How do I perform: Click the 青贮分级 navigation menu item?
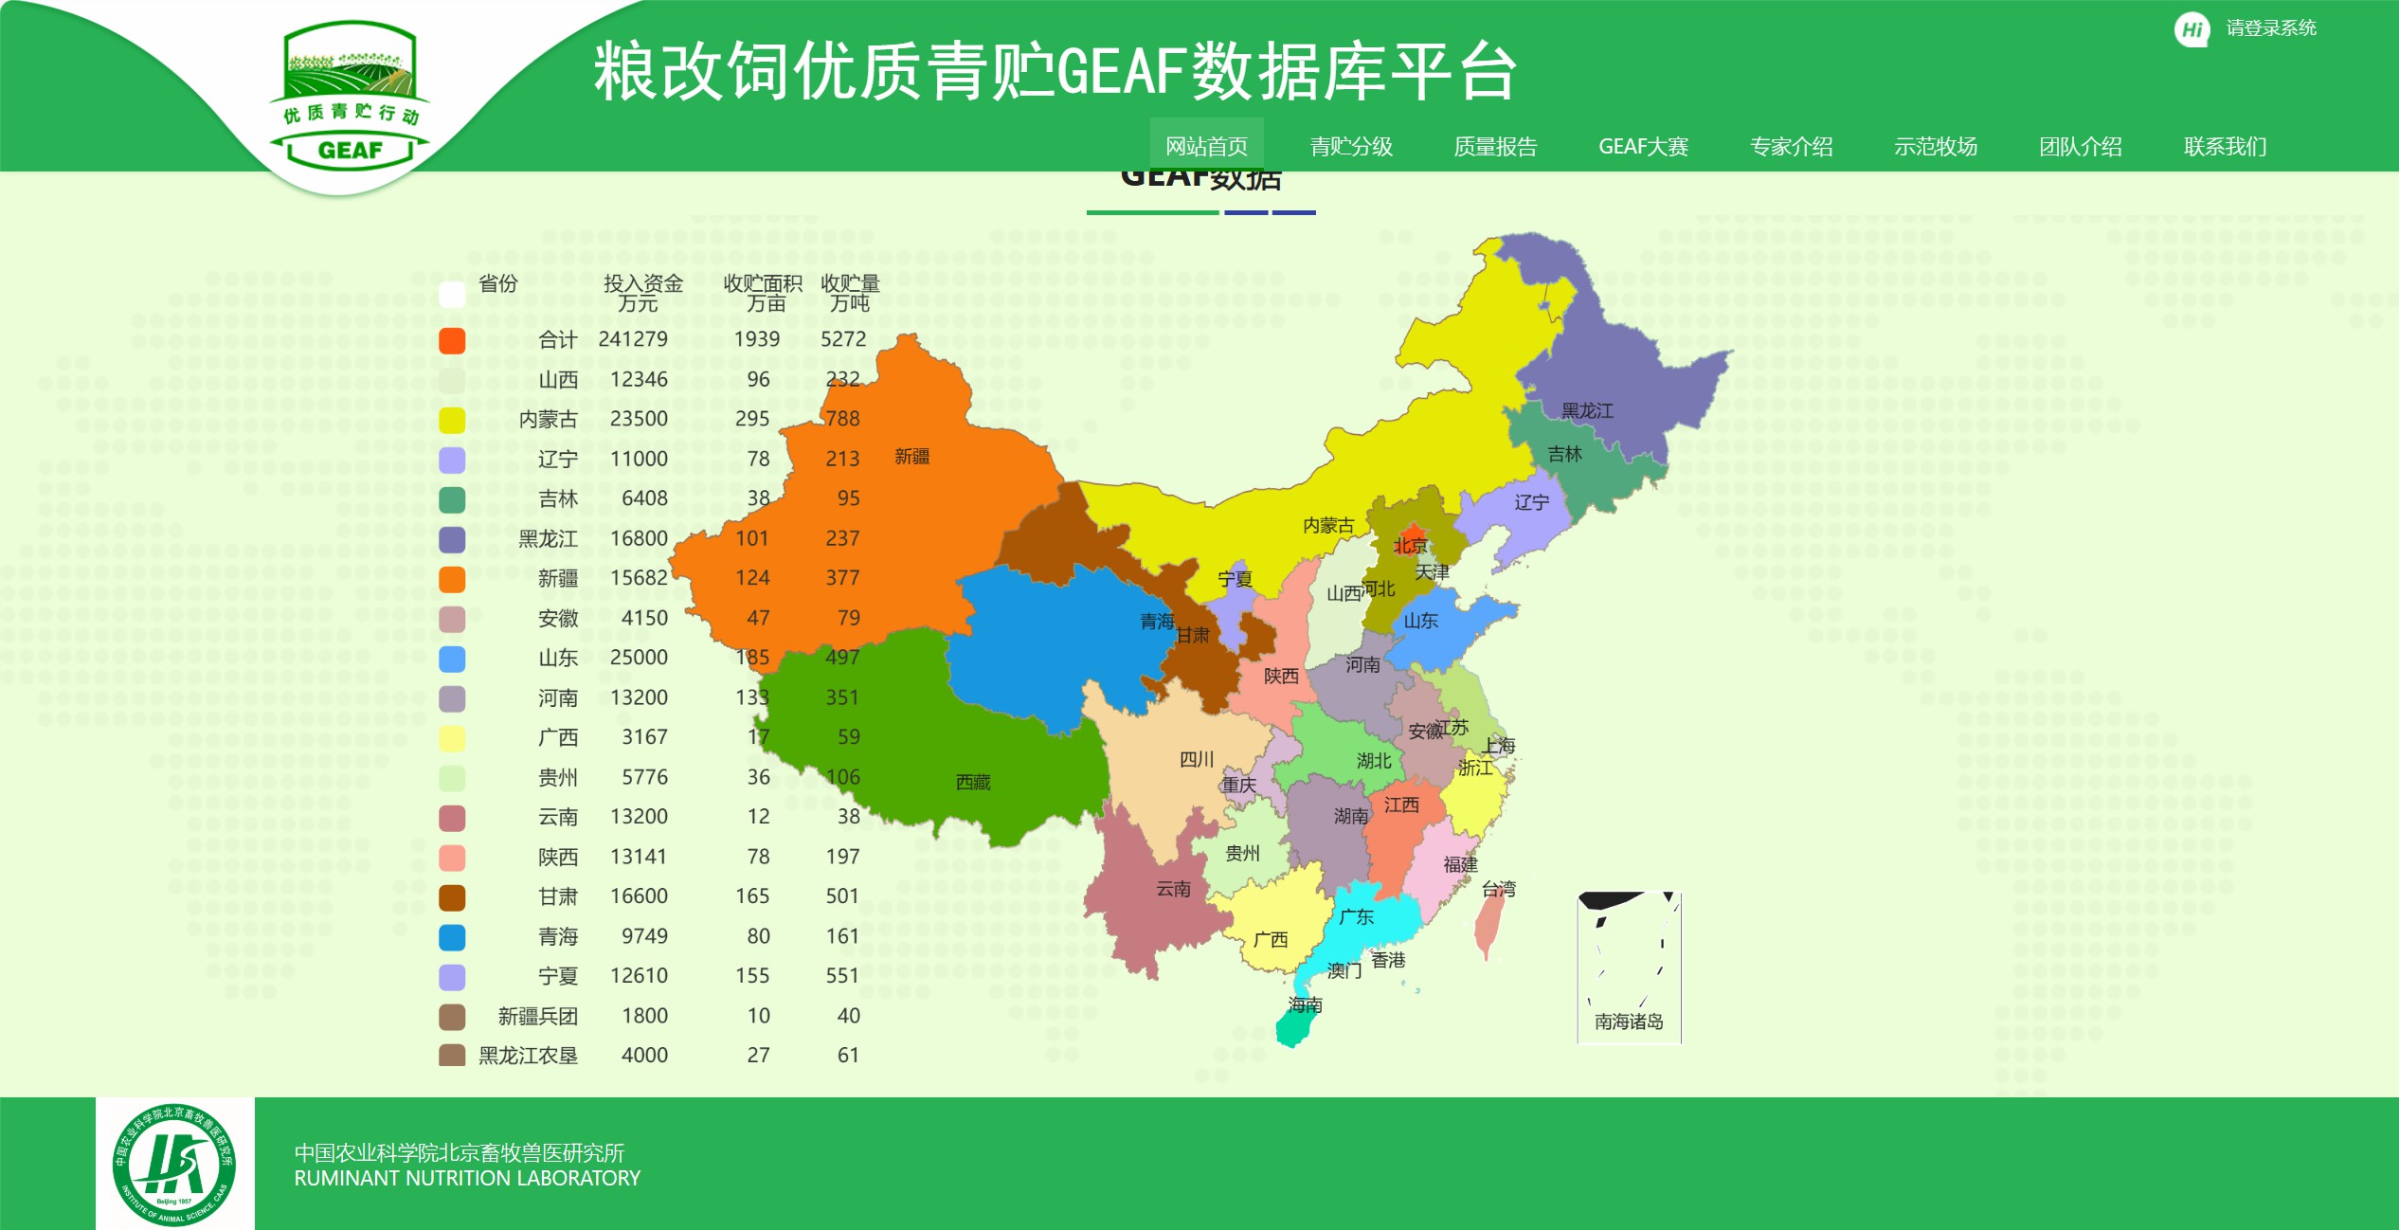pos(1350,147)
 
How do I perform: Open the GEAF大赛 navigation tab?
pos(1643,147)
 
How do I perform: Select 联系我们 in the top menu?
pos(2225,147)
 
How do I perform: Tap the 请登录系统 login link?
pos(2270,28)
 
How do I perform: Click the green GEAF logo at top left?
pos(350,99)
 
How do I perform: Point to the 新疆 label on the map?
pos(911,457)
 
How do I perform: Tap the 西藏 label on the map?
pos(973,782)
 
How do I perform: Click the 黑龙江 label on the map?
pos(1587,410)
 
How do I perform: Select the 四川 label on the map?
pos(1197,759)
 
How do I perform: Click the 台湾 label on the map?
pos(1499,889)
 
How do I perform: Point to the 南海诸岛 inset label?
pos(1629,1022)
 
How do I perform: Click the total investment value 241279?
pos(633,339)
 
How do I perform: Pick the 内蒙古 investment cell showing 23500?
pos(639,419)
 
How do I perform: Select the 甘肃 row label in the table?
pos(557,896)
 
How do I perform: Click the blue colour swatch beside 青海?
pos(452,937)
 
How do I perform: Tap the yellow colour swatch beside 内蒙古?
pos(452,420)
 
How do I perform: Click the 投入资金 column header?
pos(642,283)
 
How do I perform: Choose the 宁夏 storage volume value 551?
pos(841,976)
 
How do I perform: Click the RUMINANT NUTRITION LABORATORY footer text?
pos(467,1179)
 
